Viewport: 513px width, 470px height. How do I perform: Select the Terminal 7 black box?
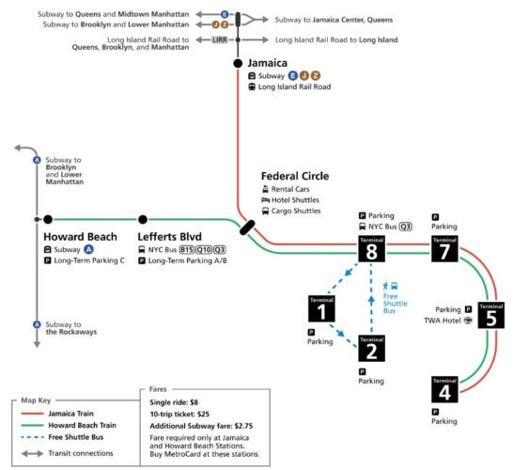[x=443, y=249]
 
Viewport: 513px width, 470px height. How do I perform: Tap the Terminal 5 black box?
[x=490, y=315]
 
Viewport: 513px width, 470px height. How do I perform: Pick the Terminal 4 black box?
[x=444, y=389]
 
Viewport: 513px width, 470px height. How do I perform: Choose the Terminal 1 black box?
[x=321, y=308]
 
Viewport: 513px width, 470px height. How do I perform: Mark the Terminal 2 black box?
[x=371, y=349]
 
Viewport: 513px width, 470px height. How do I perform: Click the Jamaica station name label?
[x=270, y=62]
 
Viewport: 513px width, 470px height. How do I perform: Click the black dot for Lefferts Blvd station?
[x=143, y=219]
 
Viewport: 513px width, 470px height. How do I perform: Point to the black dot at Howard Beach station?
[x=48, y=219]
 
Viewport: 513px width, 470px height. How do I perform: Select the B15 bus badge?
[x=187, y=249]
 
